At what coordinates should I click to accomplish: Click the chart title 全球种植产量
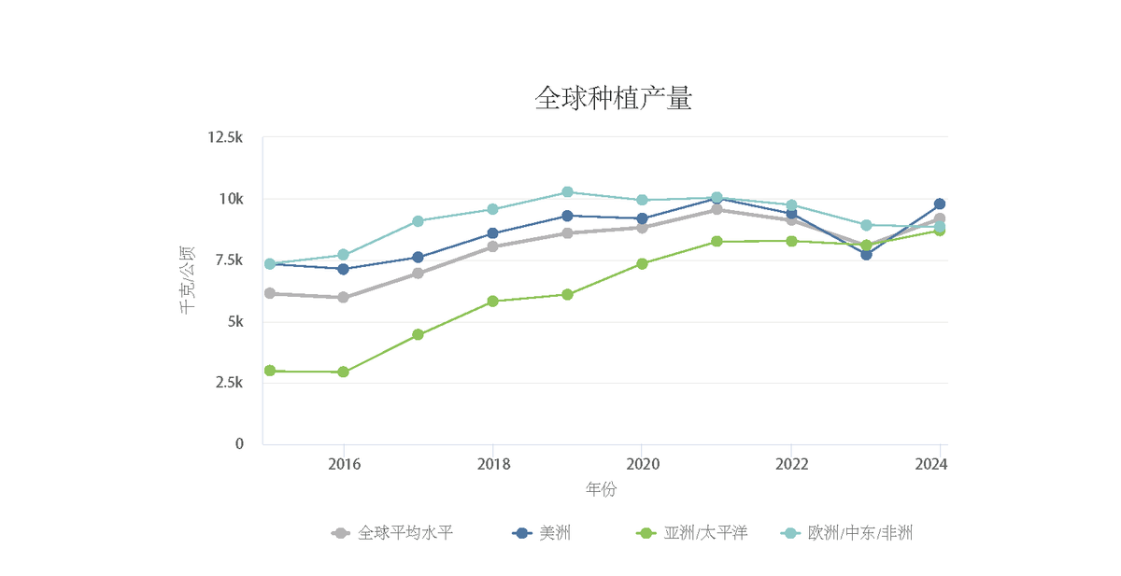click(x=613, y=98)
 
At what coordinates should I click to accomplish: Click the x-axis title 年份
click(x=601, y=489)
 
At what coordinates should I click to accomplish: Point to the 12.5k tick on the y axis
click(x=225, y=138)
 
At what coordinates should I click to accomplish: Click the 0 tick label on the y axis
click(x=238, y=444)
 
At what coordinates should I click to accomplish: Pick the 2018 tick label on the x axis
click(x=492, y=464)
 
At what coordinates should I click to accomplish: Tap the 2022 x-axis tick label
click(x=791, y=464)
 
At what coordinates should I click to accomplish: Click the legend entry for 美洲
click(x=555, y=533)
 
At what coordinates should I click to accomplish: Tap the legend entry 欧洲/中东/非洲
click(x=859, y=533)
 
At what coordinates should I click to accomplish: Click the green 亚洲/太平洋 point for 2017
click(x=418, y=334)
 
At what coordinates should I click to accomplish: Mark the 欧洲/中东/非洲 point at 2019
click(x=567, y=192)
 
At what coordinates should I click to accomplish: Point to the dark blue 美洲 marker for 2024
click(x=940, y=204)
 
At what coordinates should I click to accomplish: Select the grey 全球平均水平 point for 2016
click(x=343, y=298)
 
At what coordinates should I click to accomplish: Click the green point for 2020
click(x=642, y=263)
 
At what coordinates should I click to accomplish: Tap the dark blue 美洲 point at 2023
click(x=866, y=254)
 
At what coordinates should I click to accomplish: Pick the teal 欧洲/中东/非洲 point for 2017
click(x=418, y=221)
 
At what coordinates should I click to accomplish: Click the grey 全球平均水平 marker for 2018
click(x=492, y=246)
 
